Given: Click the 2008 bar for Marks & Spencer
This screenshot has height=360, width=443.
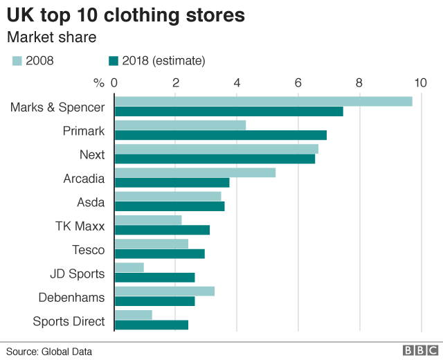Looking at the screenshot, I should (x=263, y=101).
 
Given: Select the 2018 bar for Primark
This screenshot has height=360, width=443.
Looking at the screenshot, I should (x=220, y=135).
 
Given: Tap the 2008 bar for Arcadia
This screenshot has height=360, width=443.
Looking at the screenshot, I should (x=195, y=172).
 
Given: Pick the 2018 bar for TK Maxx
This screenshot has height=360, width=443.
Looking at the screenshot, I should (x=161, y=230).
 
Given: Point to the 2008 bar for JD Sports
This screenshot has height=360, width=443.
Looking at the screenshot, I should (x=129, y=267).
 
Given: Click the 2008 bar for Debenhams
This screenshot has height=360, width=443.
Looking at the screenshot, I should (x=164, y=291).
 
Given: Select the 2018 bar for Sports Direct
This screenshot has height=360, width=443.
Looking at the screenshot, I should (x=151, y=325).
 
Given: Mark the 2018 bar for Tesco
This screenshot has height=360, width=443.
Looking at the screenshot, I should (x=159, y=253).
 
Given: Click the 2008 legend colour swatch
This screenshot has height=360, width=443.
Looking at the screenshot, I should (x=17, y=61).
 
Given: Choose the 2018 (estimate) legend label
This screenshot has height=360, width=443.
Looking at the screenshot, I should (x=163, y=61).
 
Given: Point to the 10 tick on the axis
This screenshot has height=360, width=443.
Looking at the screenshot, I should (x=420, y=83).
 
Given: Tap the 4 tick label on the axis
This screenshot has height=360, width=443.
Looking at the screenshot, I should (x=237, y=83).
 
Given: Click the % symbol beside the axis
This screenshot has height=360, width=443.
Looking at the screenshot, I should (x=98, y=83).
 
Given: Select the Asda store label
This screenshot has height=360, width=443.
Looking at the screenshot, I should (x=91, y=202).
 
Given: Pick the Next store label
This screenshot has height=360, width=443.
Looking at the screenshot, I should (x=93, y=154).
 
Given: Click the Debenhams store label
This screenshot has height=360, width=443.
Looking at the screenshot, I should (x=73, y=298).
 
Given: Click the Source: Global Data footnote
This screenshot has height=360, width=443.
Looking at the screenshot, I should (x=49, y=351).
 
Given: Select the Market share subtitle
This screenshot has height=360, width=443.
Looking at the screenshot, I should (x=51, y=36).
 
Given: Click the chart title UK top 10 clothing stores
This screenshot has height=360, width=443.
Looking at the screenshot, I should (x=125, y=15).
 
